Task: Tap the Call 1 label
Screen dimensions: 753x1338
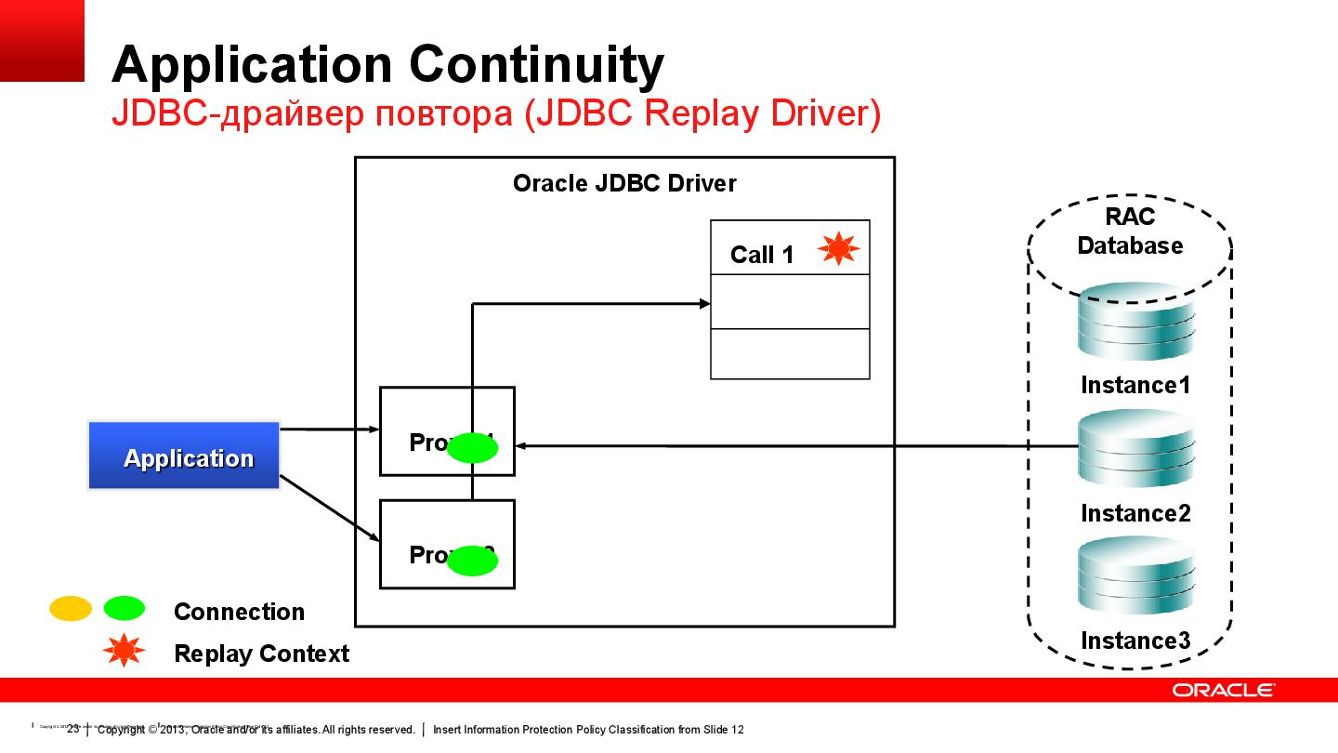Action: (x=762, y=255)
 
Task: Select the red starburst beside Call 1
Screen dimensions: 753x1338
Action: (x=838, y=249)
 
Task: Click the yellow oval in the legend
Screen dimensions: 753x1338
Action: (x=71, y=609)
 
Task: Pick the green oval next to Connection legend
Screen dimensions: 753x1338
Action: (x=124, y=609)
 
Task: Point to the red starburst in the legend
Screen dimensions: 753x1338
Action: (x=124, y=653)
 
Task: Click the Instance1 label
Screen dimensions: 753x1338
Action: (x=1135, y=385)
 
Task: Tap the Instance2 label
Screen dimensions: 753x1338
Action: (x=1135, y=513)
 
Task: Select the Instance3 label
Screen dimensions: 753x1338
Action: (x=1135, y=641)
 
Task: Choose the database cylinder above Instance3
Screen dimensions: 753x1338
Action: (x=1135, y=576)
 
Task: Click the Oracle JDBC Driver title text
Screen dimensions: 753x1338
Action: (x=624, y=183)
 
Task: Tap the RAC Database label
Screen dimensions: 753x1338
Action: (x=1130, y=231)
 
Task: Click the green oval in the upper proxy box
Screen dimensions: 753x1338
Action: (x=473, y=449)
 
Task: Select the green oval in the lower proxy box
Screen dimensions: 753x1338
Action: (x=473, y=561)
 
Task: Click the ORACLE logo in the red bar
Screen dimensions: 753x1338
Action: (x=1222, y=690)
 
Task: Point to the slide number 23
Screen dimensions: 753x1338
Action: (x=73, y=729)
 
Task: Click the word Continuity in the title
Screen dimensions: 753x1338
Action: (x=536, y=64)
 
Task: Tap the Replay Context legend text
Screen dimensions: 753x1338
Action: (x=261, y=654)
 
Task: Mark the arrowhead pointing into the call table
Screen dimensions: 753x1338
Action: (x=704, y=302)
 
